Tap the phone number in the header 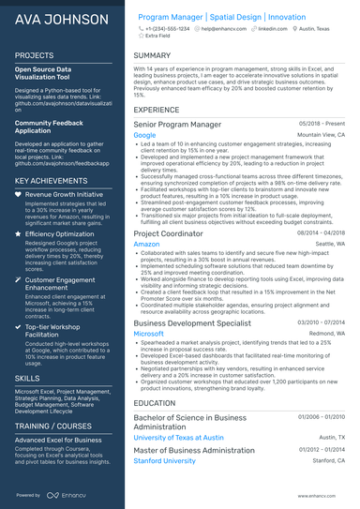[x=169, y=29]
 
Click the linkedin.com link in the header [x=273, y=29]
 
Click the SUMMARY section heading [x=152, y=55]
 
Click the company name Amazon [x=146, y=244]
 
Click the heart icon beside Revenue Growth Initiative [x=18, y=194]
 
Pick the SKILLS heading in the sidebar [x=27, y=378]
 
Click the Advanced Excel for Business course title [x=57, y=440]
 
